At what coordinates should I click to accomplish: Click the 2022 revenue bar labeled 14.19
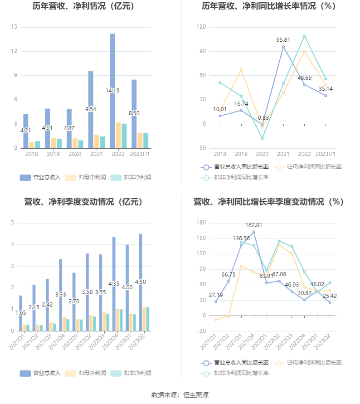pos(112,91)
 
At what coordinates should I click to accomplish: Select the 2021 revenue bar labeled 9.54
pos(91,109)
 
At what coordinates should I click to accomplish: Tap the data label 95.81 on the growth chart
pos(283,40)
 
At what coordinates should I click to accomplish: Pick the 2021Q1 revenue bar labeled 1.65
pos(20,313)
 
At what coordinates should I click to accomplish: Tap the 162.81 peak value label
pos(253,225)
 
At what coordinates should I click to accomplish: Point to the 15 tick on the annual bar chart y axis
pos(14,27)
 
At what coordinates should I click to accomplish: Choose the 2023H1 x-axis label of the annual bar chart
pos(140,155)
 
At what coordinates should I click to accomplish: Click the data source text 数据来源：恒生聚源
pos(180,395)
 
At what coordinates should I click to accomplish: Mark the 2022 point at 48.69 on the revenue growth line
pos(305,85)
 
